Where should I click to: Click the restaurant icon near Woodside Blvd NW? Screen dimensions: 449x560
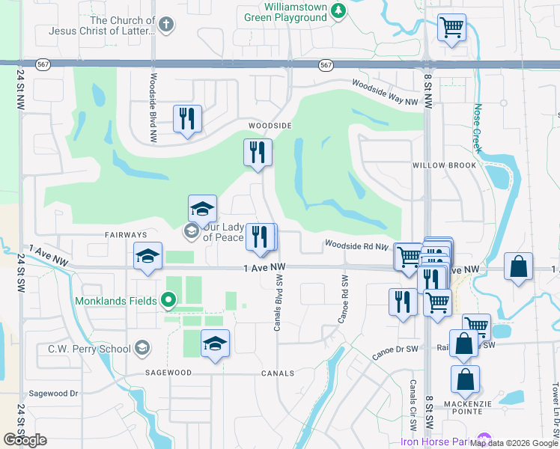[x=187, y=119]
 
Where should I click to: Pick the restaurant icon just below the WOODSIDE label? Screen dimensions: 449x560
[x=257, y=153]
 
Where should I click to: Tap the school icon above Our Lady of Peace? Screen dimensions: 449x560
[x=202, y=210]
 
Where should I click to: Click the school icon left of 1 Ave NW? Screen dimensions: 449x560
[x=147, y=257]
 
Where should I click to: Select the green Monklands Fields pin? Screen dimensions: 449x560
[x=169, y=301]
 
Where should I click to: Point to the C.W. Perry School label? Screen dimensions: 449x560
[x=89, y=348]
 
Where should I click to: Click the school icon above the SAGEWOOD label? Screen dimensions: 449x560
[x=216, y=343]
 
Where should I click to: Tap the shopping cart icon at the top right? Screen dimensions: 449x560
[x=451, y=28]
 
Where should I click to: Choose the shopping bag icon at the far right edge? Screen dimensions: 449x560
[x=518, y=266]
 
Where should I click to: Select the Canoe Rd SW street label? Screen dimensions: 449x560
[x=344, y=296]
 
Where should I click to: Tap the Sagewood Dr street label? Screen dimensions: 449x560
[x=53, y=393]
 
